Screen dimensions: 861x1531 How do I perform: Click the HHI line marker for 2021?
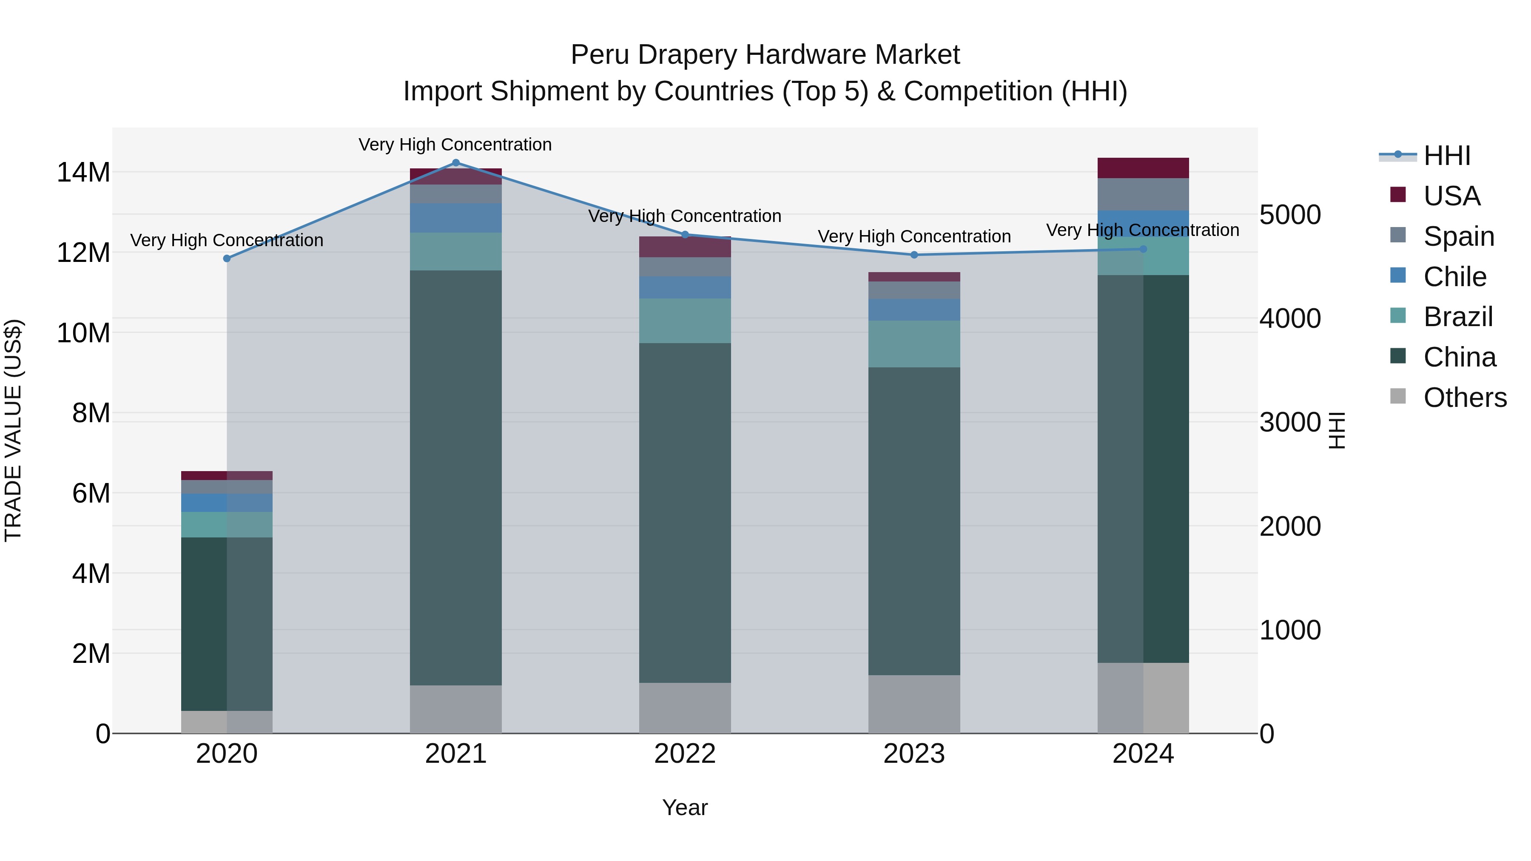pos(456,163)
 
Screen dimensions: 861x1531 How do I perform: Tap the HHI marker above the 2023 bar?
pos(914,255)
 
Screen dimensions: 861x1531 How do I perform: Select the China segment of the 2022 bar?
pos(685,512)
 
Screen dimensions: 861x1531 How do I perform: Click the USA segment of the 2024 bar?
pos(1142,168)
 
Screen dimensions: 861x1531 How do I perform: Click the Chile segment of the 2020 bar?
pos(226,503)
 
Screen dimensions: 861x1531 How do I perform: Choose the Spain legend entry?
pos(1459,236)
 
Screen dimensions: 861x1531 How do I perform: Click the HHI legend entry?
pos(1447,156)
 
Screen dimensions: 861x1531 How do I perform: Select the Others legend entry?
pos(1464,398)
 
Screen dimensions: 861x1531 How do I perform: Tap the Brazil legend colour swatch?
pos(1398,315)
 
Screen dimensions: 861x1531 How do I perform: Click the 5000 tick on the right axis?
pos(1290,215)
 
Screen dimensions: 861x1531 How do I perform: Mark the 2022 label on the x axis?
pos(685,754)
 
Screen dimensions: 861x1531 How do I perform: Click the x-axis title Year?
pos(685,807)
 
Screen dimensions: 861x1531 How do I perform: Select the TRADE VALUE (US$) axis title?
pos(13,430)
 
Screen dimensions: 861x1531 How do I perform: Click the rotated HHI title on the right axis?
pos(1336,430)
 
